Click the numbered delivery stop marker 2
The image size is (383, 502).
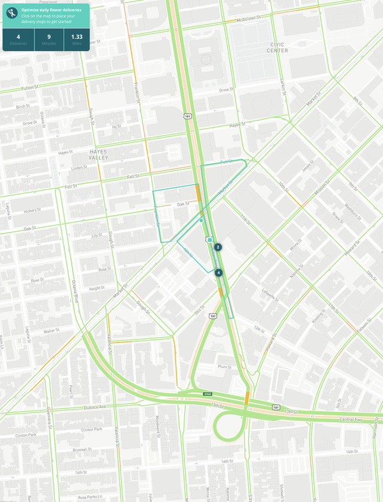tap(218, 247)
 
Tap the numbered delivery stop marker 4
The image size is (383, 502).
tap(218, 272)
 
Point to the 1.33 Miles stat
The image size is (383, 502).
tap(77, 39)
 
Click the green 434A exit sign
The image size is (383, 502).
tap(207, 394)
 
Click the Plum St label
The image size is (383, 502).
tap(223, 367)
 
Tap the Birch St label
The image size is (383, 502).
tap(23, 107)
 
